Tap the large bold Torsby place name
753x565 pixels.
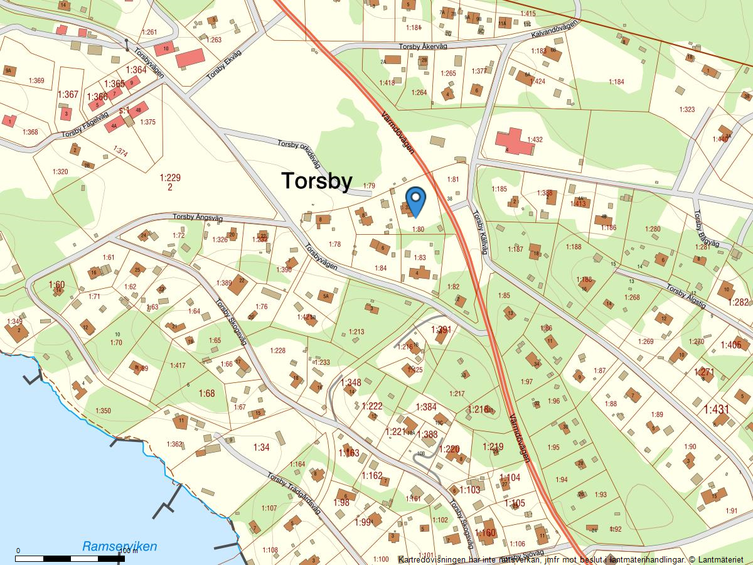(316, 181)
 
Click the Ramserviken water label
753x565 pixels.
(119, 546)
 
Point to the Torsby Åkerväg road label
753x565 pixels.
(424, 46)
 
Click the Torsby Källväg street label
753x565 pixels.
(479, 232)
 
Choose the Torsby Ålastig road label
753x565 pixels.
(686, 296)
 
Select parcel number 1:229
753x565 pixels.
(170, 178)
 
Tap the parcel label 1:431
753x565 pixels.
(716, 409)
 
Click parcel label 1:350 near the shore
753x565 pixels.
(103, 411)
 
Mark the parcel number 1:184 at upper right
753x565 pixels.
(616, 82)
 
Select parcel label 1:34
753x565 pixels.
(261, 447)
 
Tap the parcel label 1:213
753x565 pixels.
(356, 331)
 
